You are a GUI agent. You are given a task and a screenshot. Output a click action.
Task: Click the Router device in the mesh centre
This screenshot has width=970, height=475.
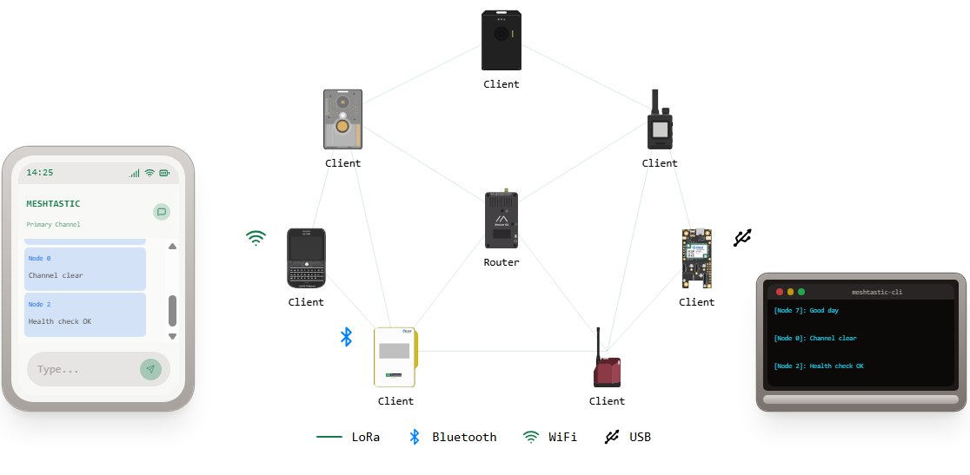(x=501, y=222)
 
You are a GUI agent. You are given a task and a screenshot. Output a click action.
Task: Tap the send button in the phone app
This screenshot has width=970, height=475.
(x=150, y=369)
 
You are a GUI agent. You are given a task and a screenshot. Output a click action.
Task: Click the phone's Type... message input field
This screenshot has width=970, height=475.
(x=82, y=369)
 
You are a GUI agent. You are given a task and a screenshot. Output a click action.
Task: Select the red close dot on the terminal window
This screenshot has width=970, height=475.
(x=780, y=292)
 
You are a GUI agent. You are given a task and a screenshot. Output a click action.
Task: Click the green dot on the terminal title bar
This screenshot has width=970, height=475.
(x=801, y=292)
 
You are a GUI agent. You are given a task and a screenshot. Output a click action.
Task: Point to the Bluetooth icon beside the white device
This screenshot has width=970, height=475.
(x=345, y=337)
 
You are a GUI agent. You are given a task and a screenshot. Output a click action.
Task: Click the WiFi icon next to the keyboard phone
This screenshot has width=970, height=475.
(x=256, y=238)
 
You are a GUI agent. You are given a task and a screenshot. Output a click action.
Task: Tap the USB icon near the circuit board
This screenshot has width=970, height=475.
(x=741, y=238)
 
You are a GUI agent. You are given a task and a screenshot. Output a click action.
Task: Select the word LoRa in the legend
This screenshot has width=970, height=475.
(x=366, y=437)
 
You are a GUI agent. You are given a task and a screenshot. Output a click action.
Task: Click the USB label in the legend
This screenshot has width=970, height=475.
(x=640, y=437)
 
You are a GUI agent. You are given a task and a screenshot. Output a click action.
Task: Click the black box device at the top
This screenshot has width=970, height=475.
(x=501, y=40)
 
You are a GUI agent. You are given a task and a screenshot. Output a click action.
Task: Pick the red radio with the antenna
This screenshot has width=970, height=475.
(x=607, y=365)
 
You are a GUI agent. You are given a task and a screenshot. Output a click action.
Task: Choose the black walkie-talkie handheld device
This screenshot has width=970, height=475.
(x=660, y=123)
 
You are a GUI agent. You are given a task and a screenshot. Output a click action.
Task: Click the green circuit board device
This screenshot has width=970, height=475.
(x=696, y=259)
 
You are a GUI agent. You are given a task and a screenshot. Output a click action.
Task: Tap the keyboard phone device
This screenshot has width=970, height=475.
(x=306, y=258)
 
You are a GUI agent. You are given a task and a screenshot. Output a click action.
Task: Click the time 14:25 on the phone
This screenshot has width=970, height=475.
(x=40, y=173)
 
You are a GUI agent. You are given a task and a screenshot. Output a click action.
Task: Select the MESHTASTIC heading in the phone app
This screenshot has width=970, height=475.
(x=53, y=204)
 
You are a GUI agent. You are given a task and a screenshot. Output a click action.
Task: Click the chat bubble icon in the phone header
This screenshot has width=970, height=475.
(x=161, y=211)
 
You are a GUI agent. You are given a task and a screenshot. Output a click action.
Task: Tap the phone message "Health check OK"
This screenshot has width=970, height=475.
(x=59, y=321)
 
